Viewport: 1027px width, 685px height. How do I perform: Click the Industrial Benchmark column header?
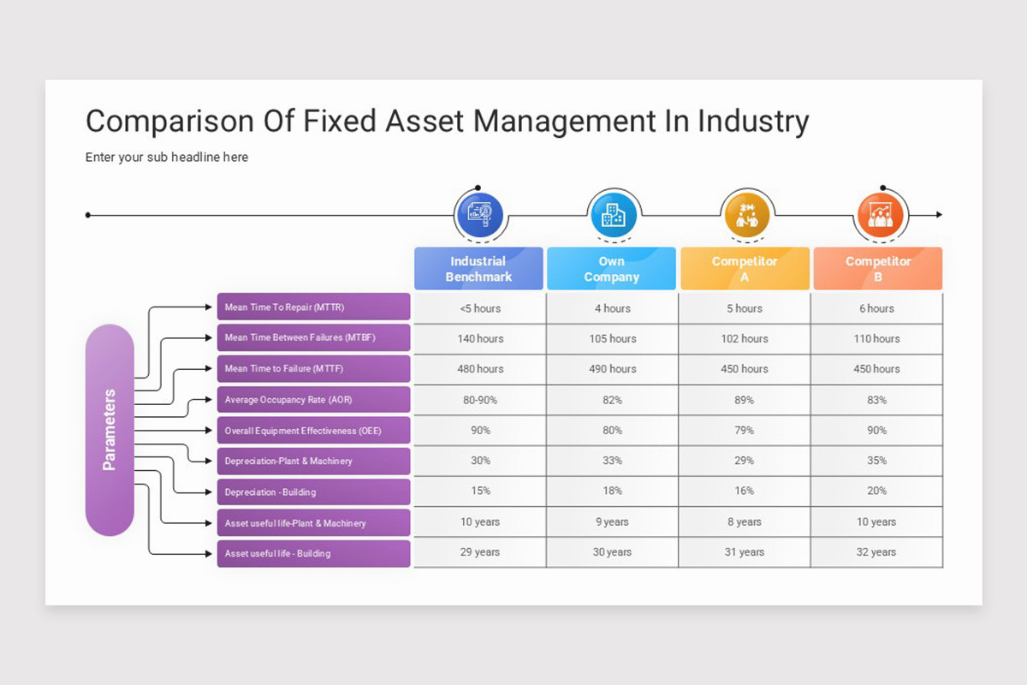[478, 269]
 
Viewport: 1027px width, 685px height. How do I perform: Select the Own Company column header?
[611, 269]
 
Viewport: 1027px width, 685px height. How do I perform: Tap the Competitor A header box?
[745, 269]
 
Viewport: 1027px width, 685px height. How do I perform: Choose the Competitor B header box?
[877, 269]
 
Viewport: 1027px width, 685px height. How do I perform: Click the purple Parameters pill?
[110, 430]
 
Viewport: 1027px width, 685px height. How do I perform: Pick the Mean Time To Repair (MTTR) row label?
[313, 307]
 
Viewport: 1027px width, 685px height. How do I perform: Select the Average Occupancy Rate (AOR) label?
[313, 400]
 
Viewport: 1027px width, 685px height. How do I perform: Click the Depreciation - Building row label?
[313, 492]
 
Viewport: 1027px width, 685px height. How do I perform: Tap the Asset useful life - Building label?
[313, 554]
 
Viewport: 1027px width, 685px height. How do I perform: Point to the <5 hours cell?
[480, 308]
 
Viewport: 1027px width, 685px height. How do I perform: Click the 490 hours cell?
[613, 369]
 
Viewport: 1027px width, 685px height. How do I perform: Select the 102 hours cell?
[745, 338]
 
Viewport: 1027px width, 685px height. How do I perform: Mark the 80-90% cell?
[480, 400]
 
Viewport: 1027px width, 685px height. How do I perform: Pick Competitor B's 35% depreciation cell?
[876, 461]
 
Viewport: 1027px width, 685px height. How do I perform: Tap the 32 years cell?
[876, 552]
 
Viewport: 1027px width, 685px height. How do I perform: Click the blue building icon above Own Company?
[613, 214]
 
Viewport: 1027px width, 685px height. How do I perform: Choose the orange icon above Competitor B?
[880, 215]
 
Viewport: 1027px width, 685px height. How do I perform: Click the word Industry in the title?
[753, 122]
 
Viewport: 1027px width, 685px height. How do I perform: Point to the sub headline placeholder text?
[167, 158]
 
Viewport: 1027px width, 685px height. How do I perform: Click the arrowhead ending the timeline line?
[939, 214]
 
